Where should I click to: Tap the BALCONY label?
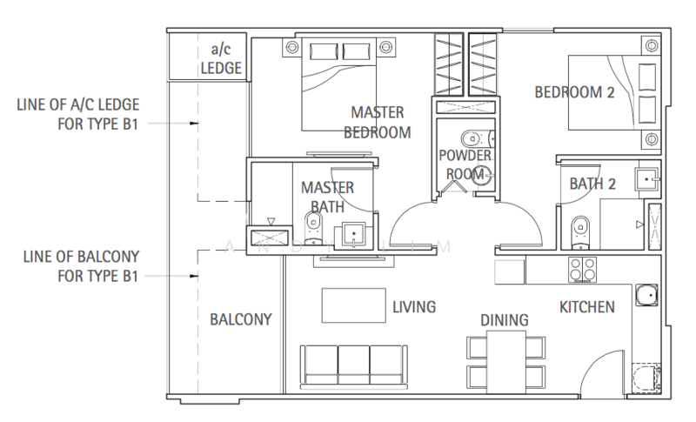point(241,319)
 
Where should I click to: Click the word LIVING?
point(413,307)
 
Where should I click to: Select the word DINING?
point(505,321)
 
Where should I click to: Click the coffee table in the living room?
point(354,306)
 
